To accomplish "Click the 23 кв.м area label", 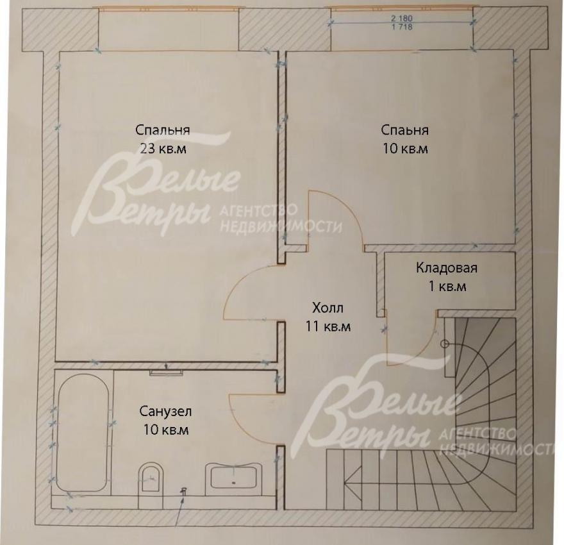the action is tap(163, 148).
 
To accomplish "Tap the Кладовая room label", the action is tap(447, 267).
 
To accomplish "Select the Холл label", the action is tap(328, 308).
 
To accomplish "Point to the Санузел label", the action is tap(165, 411).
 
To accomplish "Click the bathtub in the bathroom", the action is tap(83, 432).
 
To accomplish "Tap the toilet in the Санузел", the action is tap(151, 477).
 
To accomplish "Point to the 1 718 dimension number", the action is tap(402, 27).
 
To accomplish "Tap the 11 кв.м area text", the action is tap(328, 326).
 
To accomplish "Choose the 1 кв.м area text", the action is tap(447, 287).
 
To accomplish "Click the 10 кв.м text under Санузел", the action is tap(166, 430).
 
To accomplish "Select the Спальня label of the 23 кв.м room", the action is tap(163, 130).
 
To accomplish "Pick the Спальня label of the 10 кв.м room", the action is tap(404, 130).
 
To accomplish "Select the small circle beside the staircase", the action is tap(445, 344).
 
